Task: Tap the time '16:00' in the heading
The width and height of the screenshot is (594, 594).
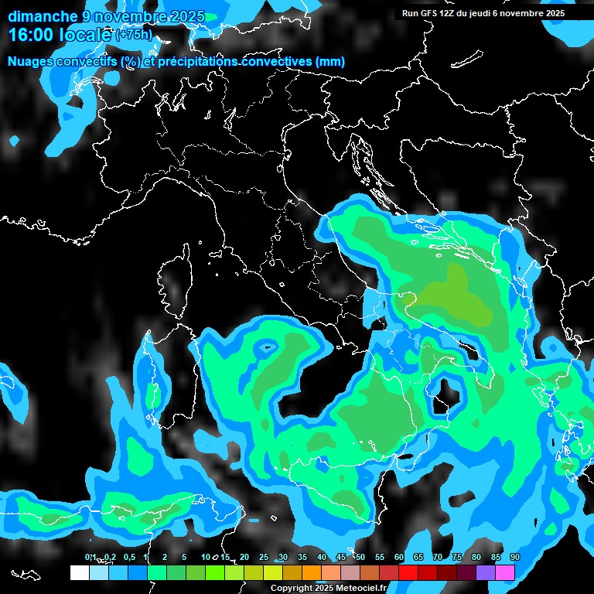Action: click(x=31, y=35)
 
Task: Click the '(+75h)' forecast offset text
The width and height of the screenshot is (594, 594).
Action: click(x=134, y=36)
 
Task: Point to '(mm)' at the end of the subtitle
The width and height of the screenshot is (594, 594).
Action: click(x=330, y=62)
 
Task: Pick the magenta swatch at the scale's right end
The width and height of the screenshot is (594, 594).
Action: click(x=505, y=572)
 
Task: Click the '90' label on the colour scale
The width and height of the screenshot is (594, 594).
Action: click(x=514, y=558)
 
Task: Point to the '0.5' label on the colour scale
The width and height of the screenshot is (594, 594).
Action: click(x=128, y=558)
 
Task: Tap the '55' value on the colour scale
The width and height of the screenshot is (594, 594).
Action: click(x=379, y=558)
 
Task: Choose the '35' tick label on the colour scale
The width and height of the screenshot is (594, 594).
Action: click(x=302, y=558)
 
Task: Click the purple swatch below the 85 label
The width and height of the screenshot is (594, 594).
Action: click(x=486, y=572)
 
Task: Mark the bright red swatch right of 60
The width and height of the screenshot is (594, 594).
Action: click(x=408, y=572)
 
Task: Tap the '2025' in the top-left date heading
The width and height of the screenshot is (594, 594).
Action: click(x=186, y=16)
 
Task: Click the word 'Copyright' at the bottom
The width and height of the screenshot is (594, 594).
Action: click(x=290, y=589)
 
